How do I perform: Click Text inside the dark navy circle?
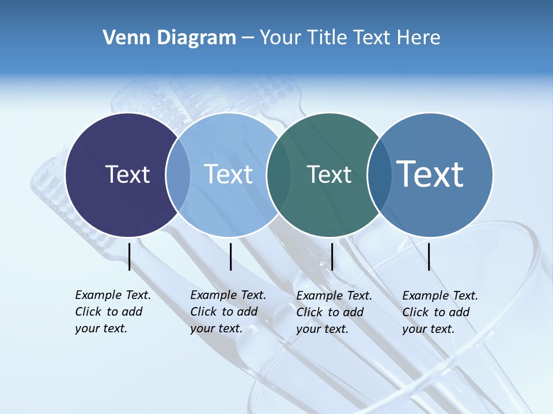(127, 174)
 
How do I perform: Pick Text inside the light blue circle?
(229, 174)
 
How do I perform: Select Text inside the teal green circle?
(329, 174)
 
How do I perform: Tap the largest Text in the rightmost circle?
(430, 174)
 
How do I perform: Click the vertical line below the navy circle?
(130, 256)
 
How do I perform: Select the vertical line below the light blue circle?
(230, 256)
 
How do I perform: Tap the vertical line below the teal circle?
(332, 256)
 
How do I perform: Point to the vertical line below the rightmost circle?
(429, 256)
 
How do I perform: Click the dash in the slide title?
(248, 38)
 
